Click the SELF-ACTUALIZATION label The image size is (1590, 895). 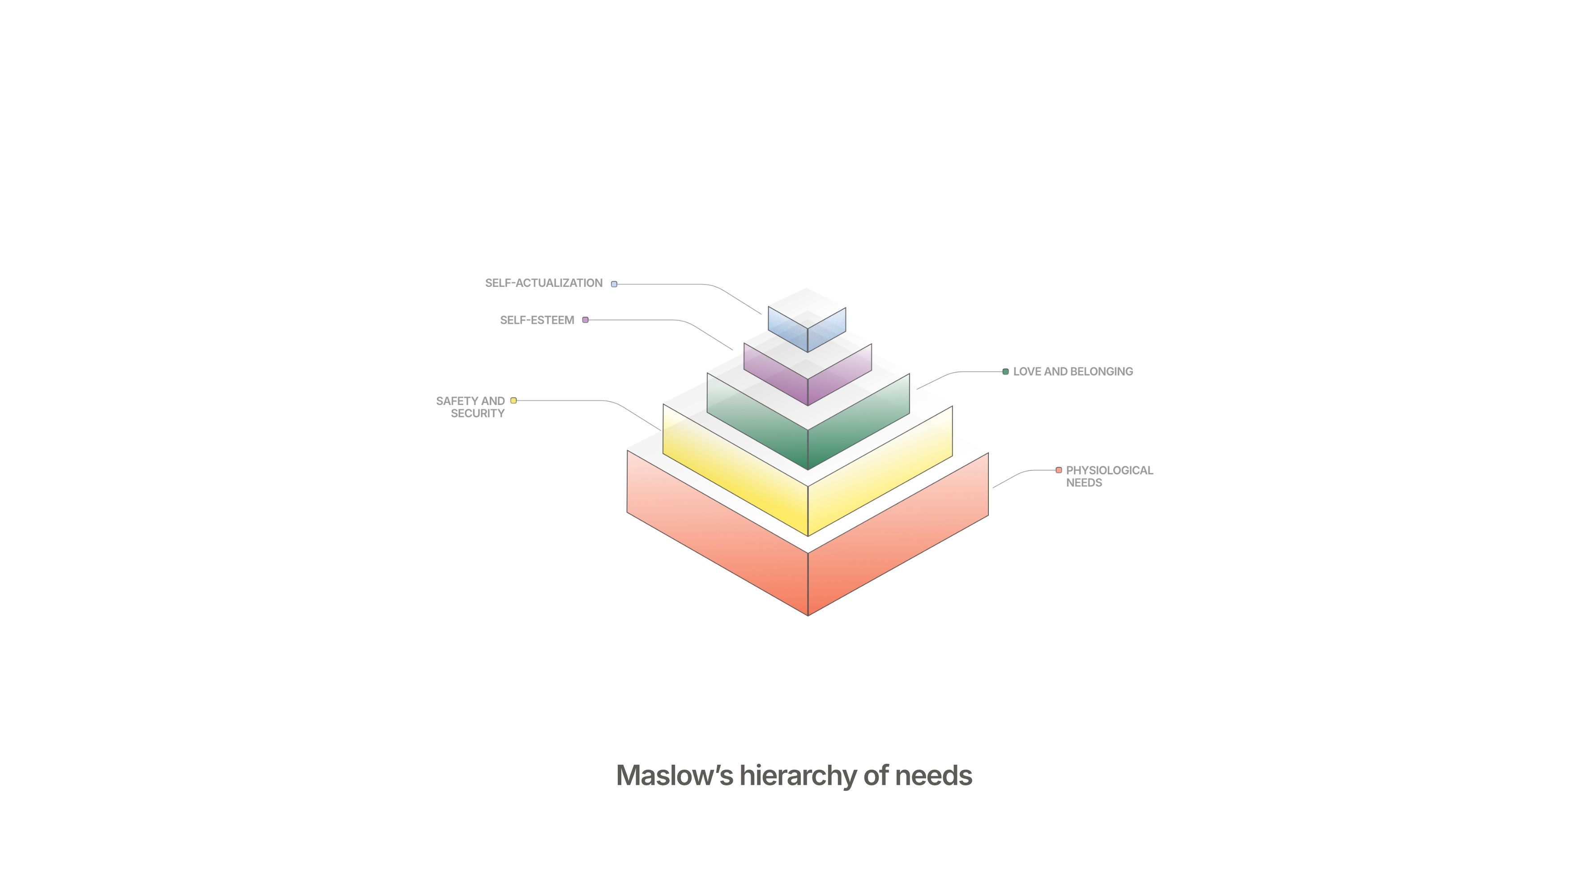pos(543,283)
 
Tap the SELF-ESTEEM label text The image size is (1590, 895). pos(536,320)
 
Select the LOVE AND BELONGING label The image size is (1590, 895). pos(1073,371)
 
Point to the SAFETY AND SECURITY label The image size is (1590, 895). pos(470,407)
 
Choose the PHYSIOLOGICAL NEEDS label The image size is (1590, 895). pos(1108,477)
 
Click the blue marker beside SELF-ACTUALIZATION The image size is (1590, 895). pos(614,284)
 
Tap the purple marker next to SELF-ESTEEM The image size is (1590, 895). pos(585,320)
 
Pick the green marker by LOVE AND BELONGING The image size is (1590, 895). pos(1005,371)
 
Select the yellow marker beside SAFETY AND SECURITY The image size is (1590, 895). pos(513,401)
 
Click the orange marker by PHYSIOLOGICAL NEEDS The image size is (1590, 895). pos(1059,470)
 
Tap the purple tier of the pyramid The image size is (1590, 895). pos(778,376)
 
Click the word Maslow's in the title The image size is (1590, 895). pos(674,776)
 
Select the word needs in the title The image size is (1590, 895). pos(933,776)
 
